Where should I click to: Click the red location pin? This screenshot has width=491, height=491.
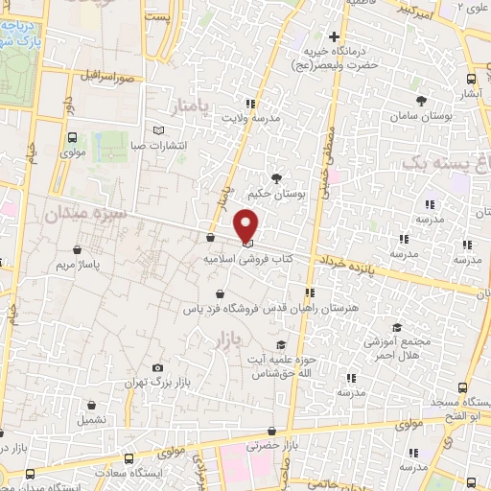(246, 223)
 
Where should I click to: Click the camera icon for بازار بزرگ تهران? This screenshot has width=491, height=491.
(157, 367)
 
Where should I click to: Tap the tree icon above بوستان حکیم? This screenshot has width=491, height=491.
(277, 177)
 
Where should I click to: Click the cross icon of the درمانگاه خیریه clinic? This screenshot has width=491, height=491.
(333, 36)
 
